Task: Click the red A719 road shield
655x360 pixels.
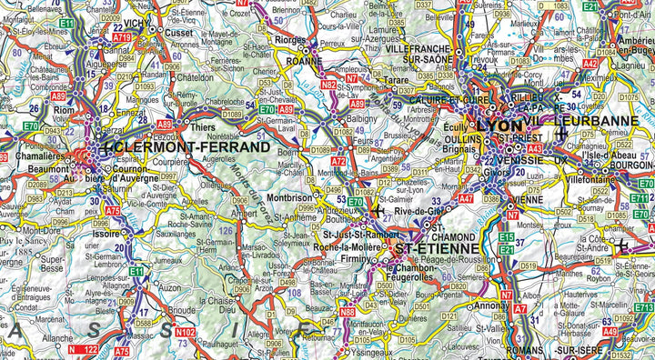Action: point(122,37)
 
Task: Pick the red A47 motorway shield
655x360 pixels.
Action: point(464,198)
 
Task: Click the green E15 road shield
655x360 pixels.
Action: point(506,237)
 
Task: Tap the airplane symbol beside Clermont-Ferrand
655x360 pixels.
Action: point(109,145)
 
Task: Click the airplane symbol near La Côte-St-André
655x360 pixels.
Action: point(623,246)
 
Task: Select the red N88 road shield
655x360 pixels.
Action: point(347,312)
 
